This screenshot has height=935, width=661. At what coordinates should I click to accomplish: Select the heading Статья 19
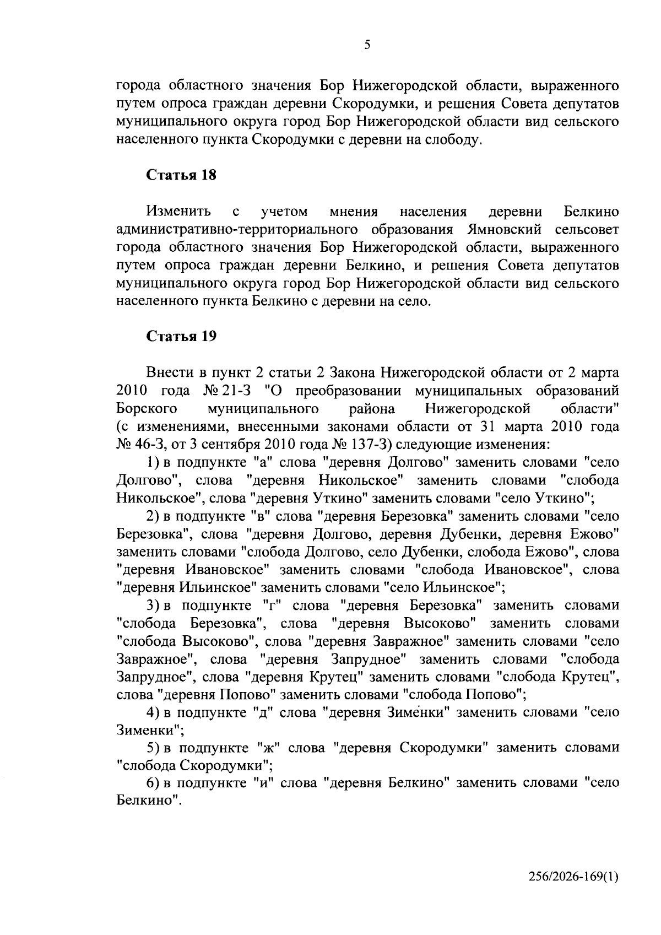[x=181, y=336]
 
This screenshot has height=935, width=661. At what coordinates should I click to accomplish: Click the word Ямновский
[x=506, y=229]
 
